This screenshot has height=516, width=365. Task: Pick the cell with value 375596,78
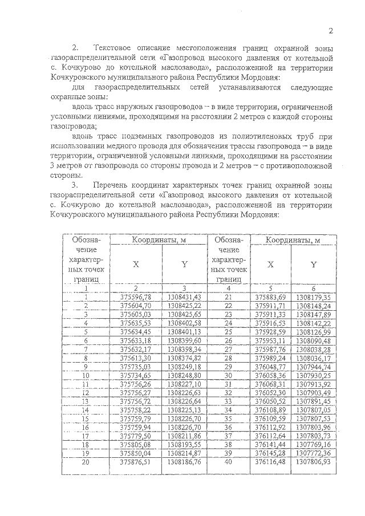click(136, 297)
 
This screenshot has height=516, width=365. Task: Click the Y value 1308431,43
click(185, 297)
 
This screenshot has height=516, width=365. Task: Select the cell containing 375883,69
click(270, 297)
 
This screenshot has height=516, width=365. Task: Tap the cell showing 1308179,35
click(314, 297)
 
